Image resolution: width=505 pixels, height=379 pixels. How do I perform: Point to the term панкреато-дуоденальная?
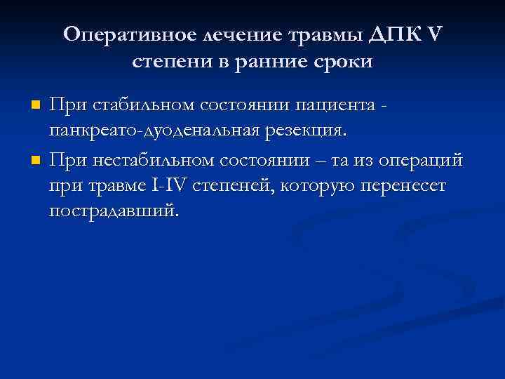click(161, 132)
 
